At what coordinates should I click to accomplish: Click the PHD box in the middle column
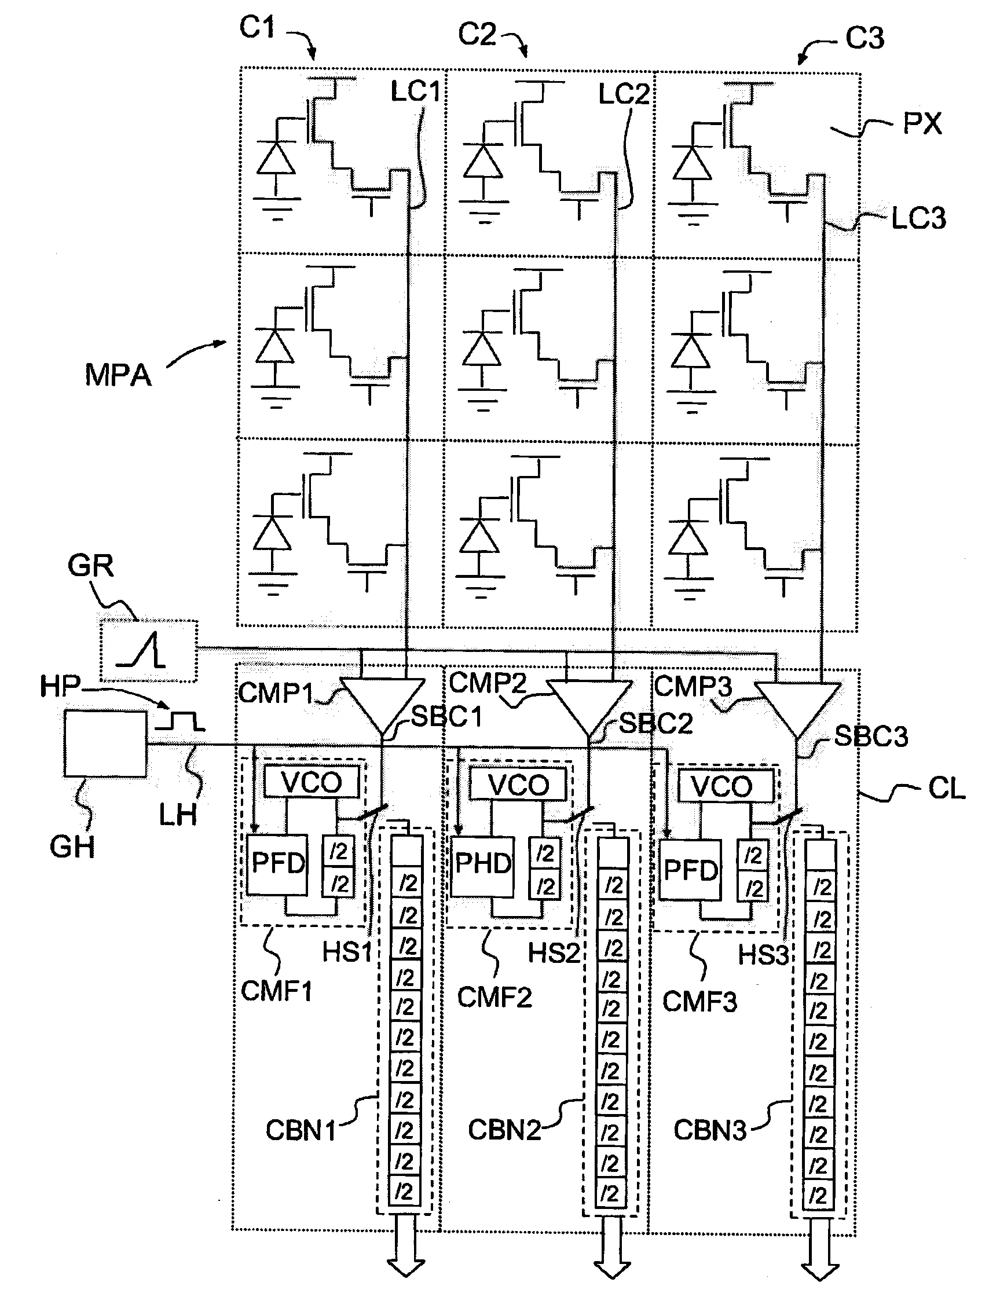coord(482,864)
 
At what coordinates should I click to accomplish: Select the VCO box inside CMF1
coord(311,782)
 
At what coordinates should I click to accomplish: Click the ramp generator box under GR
coord(148,651)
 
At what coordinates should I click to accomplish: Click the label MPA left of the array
coord(118,375)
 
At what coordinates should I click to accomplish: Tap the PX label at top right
coord(922,123)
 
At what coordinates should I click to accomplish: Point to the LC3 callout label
coord(918,219)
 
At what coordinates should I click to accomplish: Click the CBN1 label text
coord(300,1130)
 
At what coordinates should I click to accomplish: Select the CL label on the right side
coord(947,789)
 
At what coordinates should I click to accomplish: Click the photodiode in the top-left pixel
coord(276,159)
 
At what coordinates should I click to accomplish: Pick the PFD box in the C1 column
coord(277,864)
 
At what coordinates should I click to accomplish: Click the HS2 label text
coord(554,954)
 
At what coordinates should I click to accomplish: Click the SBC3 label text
coord(870,737)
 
